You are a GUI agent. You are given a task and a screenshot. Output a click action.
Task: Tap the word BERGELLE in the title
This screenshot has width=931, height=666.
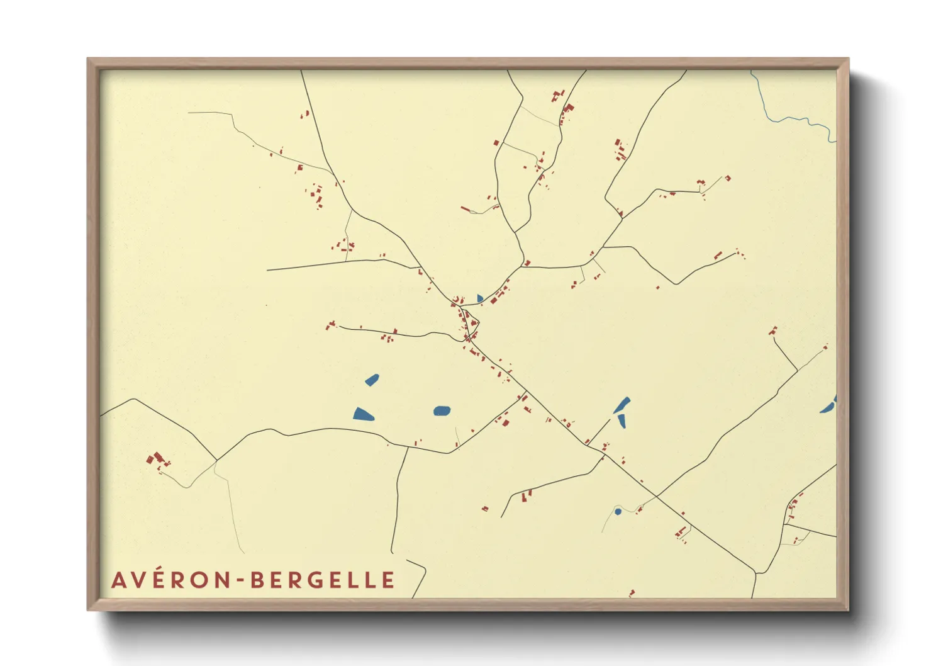click(x=323, y=580)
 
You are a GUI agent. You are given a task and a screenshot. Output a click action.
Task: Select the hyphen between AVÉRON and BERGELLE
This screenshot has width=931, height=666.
click(x=242, y=580)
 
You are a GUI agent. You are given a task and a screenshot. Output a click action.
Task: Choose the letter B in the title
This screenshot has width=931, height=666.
click(x=257, y=580)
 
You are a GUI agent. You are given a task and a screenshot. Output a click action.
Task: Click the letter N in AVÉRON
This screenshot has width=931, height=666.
click(x=224, y=580)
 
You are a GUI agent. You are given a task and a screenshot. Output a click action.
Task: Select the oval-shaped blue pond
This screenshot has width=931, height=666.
click(x=442, y=411)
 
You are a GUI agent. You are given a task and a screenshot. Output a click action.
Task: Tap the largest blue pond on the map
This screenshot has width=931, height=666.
click(x=363, y=414)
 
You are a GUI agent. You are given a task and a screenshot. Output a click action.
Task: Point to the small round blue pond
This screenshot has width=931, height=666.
click(x=618, y=512)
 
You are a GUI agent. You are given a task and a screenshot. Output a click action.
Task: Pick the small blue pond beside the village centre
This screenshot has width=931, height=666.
click(x=480, y=298)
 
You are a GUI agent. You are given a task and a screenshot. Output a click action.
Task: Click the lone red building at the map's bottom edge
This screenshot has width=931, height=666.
click(x=632, y=592)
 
